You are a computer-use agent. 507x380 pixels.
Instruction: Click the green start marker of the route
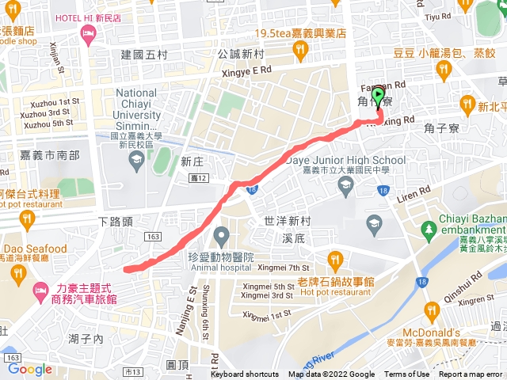tap(378, 97)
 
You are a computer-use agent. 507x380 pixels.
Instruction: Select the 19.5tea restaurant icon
tap(299, 51)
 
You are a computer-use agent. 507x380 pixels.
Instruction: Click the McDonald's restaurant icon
tap(431, 309)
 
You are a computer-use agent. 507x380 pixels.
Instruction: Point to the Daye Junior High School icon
tap(345, 186)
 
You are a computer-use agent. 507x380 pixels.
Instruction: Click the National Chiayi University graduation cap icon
tap(136, 159)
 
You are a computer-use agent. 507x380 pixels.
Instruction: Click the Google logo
tap(30, 369)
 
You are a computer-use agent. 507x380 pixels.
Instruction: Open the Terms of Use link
tap(406, 374)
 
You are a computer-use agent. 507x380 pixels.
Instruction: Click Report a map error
tap(471, 374)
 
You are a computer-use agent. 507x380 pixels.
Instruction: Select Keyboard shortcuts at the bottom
tap(245, 374)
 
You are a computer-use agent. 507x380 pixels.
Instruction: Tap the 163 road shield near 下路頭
tap(154, 237)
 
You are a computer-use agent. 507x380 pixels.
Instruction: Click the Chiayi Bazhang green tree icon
tap(429, 230)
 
